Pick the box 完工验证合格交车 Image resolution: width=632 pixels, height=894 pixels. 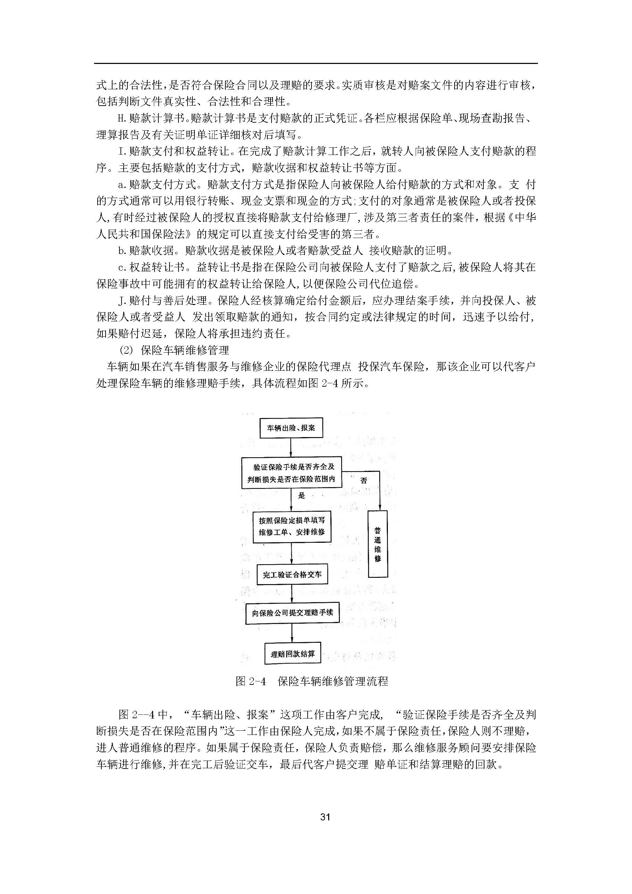click(x=292, y=574)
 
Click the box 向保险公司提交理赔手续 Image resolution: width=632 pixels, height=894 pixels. click(x=292, y=613)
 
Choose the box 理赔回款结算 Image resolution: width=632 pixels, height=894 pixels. click(x=293, y=654)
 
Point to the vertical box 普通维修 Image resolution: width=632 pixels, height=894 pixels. click(x=377, y=544)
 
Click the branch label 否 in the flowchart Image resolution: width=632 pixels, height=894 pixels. click(x=364, y=481)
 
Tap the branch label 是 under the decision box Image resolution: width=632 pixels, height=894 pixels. click(x=301, y=496)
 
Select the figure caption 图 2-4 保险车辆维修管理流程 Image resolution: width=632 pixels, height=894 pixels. click(x=312, y=681)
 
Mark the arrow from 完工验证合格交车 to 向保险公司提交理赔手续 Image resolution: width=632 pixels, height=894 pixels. click(x=292, y=594)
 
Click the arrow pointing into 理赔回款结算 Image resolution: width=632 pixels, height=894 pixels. click(x=292, y=633)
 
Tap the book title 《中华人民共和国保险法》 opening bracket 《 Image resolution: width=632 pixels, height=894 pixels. click(x=508, y=218)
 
